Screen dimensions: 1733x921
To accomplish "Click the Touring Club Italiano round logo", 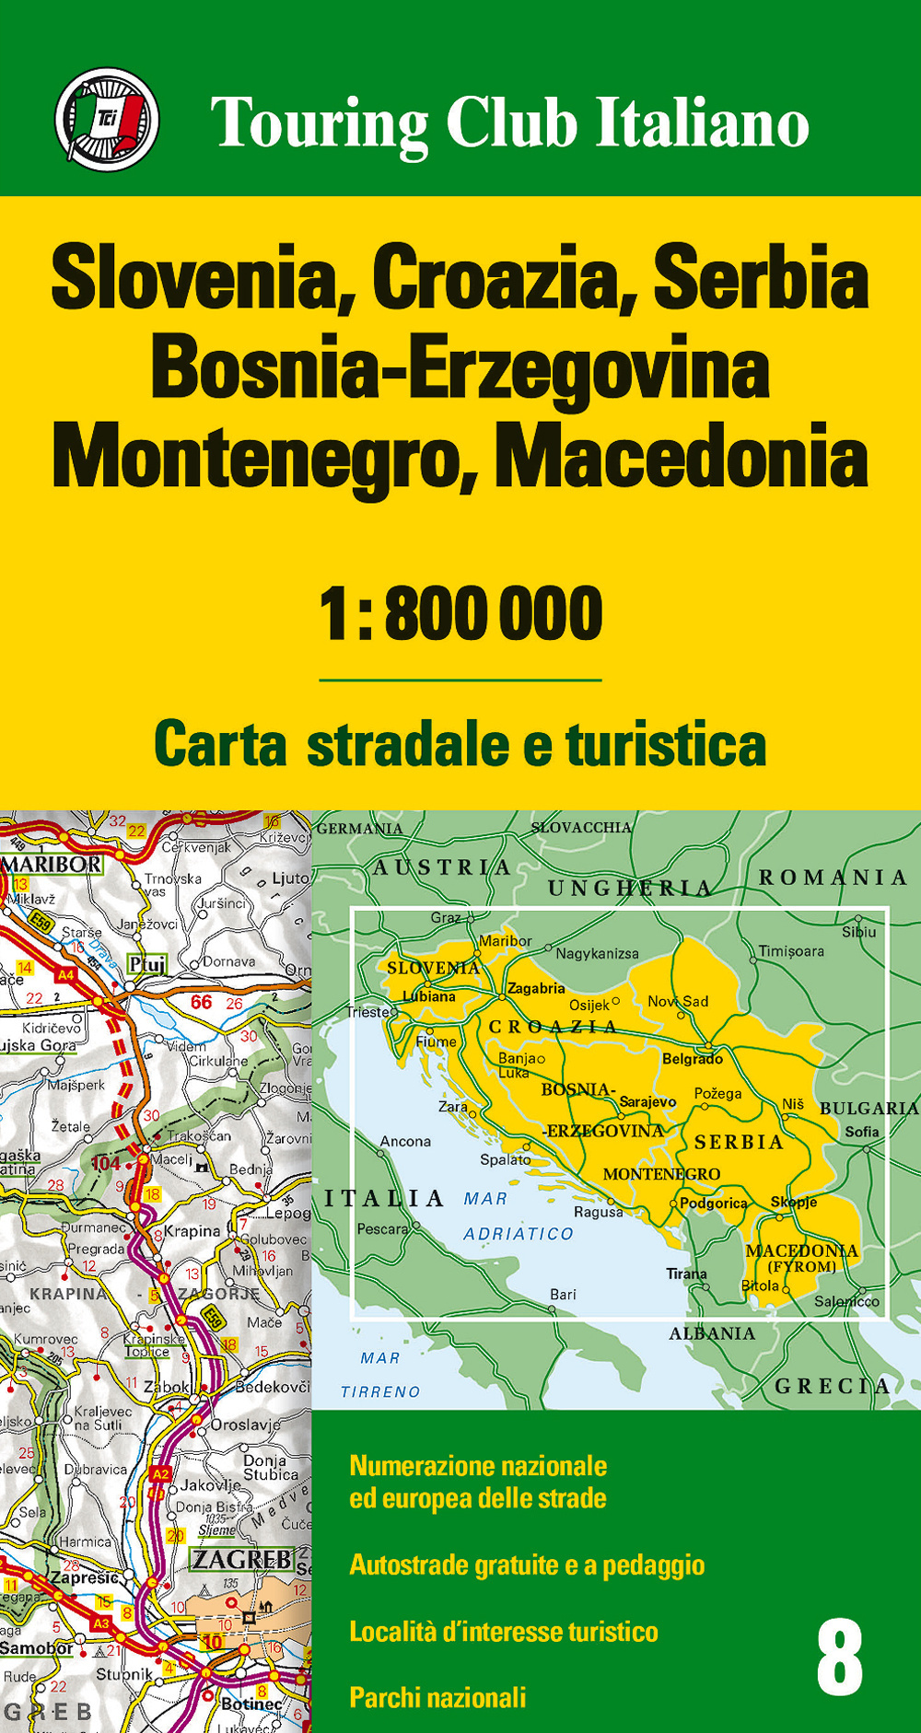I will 107,120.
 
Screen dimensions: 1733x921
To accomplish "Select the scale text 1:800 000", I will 460,614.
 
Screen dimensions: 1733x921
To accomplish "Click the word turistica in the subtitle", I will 666,745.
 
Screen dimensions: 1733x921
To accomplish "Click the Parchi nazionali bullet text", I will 437,1697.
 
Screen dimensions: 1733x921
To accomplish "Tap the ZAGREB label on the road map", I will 241,1560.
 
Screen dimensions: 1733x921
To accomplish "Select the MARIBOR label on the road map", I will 52,865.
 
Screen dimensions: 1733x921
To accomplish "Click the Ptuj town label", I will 147,964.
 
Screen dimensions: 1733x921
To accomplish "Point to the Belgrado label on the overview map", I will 693,1059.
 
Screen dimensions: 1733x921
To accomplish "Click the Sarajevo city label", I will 647,1101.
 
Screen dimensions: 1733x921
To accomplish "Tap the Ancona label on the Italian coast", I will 405,1141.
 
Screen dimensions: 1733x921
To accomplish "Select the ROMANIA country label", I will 833,878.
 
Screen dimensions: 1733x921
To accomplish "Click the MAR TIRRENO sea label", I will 380,1375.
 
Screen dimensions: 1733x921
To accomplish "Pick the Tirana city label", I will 687,1274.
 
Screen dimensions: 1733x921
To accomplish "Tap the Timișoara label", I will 791,951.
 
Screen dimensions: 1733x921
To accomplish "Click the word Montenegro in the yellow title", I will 254,458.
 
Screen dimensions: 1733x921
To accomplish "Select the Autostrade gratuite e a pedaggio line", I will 527,1564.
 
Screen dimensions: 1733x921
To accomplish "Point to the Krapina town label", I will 192,1231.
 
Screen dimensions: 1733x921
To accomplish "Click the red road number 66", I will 201,1002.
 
